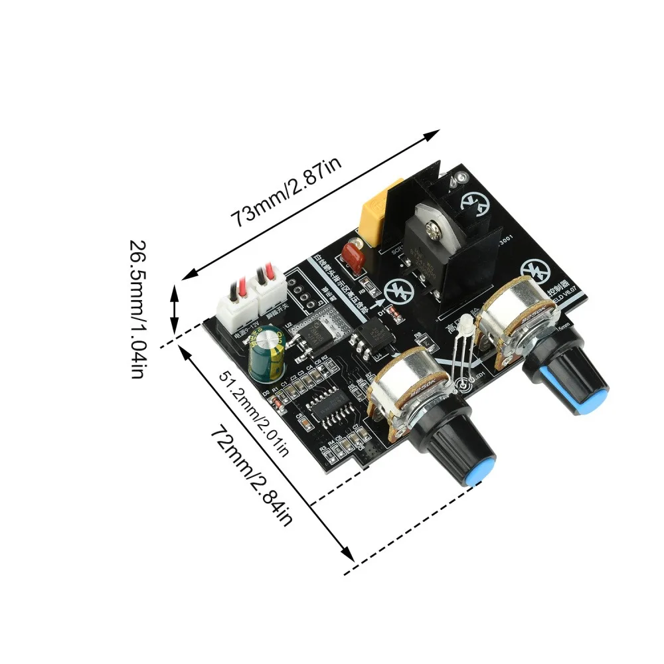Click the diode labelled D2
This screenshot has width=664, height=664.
pyautogui.click(x=279, y=400)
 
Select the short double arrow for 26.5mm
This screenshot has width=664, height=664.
pyautogui.click(x=175, y=309)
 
